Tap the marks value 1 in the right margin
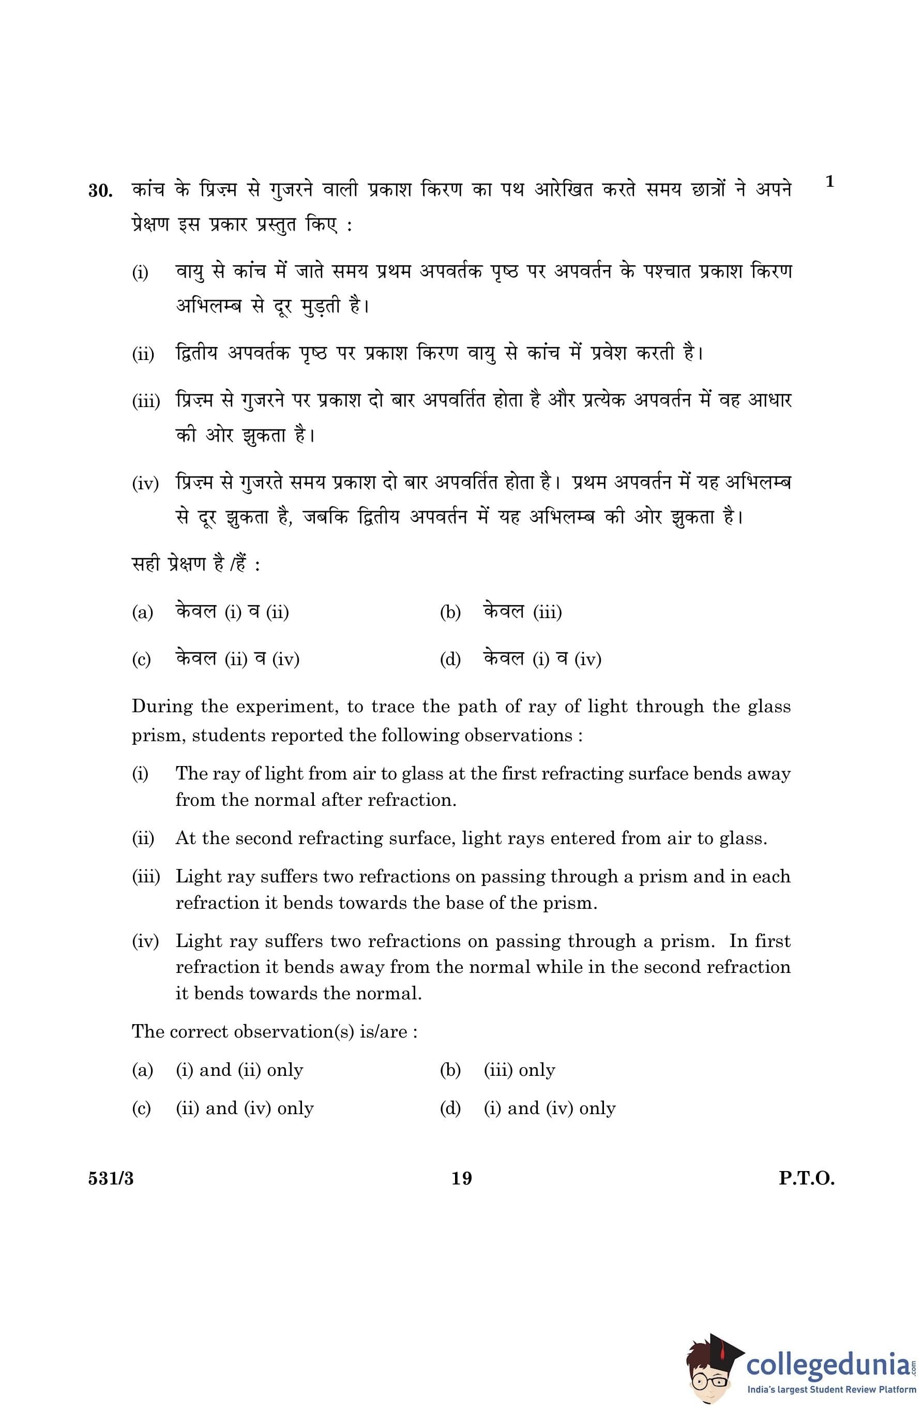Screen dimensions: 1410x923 829,182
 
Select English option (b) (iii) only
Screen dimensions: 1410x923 519,1070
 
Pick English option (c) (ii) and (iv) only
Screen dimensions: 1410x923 244,1108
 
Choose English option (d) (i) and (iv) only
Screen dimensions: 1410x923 549,1108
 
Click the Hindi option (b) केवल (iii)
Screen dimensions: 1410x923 522,611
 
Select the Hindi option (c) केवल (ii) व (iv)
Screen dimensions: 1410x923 237,658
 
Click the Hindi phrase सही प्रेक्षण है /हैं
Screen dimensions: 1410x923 189,564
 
